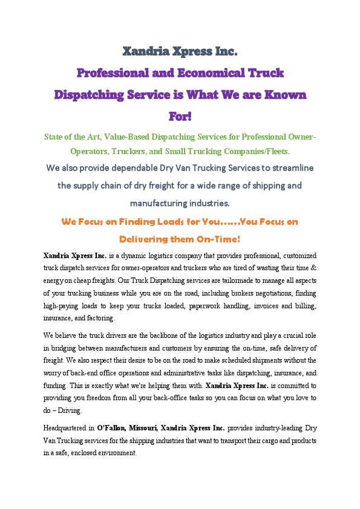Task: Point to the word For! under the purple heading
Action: (x=180, y=116)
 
